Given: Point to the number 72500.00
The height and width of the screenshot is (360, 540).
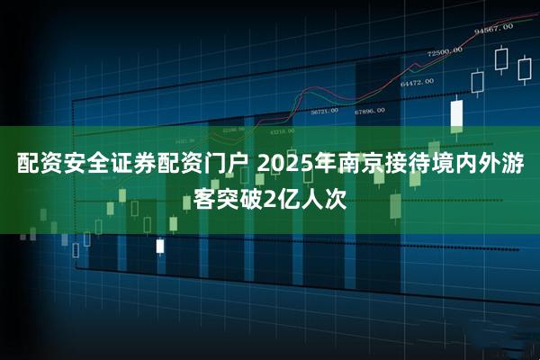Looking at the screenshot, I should (445, 51).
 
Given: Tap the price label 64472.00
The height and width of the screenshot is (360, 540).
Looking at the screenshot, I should (417, 82).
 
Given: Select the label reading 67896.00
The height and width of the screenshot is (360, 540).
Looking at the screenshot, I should (369, 111).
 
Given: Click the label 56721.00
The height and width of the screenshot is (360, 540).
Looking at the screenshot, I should (324, 112).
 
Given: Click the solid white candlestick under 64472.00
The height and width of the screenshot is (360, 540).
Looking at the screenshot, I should (456, 112).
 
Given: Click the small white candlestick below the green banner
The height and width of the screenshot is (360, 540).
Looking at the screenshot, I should (160, 245).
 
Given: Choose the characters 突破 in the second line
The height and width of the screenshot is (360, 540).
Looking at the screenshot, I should (238, 195).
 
